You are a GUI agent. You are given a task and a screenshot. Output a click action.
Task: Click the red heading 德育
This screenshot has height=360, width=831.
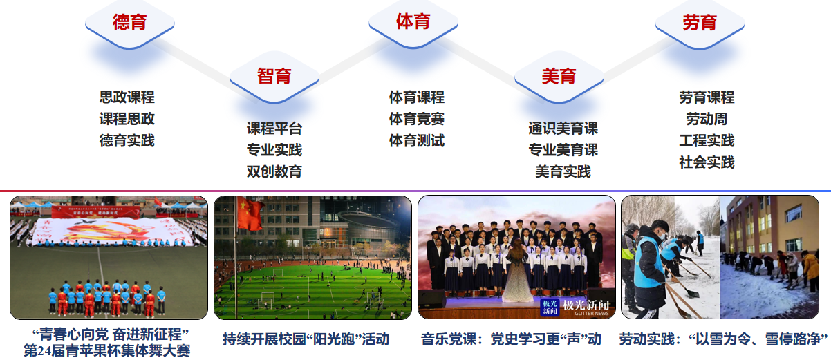click(129, 22)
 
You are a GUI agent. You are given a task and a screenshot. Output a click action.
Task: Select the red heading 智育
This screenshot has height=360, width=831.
click(274, 77)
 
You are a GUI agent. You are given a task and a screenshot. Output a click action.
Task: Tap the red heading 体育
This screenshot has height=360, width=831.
click(413, 21)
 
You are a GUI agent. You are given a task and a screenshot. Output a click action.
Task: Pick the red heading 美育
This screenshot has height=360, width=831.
click(559, 77)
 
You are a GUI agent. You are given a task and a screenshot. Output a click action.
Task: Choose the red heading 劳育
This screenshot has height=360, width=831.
click(700, 22)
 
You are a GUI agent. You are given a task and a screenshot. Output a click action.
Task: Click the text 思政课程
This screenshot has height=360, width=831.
click(127, 97)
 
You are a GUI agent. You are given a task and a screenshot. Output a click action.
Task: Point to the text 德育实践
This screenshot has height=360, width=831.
click(127, 140)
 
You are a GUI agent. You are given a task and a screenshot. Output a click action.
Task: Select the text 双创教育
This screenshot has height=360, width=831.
click(274, 171)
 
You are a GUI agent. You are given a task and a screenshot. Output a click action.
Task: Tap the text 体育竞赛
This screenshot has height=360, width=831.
click(417, 119)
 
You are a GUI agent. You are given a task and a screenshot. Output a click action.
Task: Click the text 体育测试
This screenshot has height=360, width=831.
click(417, 140)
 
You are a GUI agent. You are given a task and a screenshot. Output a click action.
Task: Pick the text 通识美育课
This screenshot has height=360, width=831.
click(563, 129)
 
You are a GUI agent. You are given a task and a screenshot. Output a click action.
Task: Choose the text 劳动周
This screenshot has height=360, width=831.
click(707, 119)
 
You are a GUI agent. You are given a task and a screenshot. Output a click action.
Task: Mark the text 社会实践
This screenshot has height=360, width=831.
click(707, 162)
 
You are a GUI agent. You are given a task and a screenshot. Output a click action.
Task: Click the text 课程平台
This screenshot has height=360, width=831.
click(274, 129)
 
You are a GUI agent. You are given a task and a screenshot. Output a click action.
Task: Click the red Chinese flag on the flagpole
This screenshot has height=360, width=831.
click(250, 214)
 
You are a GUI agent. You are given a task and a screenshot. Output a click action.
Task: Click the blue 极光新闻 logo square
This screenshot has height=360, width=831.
click(550, 307)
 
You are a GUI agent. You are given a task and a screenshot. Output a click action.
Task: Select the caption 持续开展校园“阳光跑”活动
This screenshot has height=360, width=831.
click(306, 339)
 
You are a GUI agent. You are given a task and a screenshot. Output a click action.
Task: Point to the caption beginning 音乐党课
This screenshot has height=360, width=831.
click(511, 339)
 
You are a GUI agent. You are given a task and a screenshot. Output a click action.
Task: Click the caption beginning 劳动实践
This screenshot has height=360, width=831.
click(723, 339)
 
